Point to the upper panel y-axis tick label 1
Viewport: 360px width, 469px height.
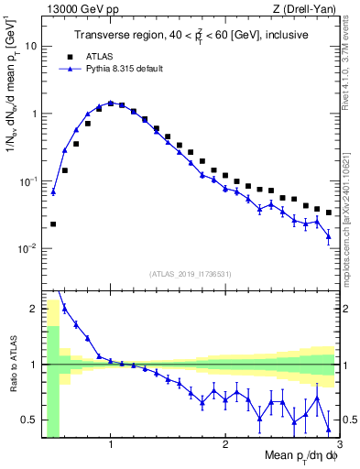tap(35, 114)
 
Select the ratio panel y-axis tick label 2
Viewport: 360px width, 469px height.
tap(35, 309)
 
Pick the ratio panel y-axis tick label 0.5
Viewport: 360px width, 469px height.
tap(31, 420)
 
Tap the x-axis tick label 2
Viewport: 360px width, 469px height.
tap(225, 445)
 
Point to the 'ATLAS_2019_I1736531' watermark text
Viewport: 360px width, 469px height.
tap(190, 273)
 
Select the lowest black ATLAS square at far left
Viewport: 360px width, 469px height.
tap(53, 224)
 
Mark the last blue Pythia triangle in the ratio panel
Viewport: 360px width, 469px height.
tap(329, 430)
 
